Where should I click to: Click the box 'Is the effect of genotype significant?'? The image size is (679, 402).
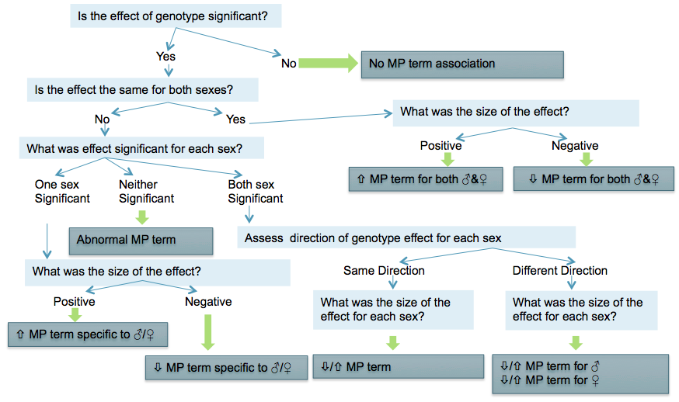pos(176,16)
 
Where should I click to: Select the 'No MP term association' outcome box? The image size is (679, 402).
pos(462,64)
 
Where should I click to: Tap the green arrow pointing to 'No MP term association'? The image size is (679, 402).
pos(329,63)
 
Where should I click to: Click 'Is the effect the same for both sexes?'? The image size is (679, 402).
pos(142,89)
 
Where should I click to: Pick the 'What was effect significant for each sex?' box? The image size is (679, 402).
pos(141,148)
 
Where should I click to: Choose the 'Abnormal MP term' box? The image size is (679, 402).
pos(141,241)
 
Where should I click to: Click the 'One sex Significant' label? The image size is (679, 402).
pos(62,191)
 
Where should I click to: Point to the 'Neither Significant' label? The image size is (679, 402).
pos(146,191)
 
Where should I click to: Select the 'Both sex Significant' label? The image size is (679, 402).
pos(256,191)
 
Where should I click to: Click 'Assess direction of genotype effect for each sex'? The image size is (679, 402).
pos(406,237)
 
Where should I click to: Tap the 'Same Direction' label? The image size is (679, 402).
pos(384,270)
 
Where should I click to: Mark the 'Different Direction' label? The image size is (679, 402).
pos(560,270)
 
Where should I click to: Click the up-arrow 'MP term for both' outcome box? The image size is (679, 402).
pos(426,178)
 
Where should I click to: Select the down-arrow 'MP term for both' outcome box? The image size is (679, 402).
pos(594,178)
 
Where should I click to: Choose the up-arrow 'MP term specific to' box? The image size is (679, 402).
pos(88,334)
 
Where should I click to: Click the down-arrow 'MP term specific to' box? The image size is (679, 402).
pos(227,368)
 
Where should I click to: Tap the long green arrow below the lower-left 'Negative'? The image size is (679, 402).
pos(208,332)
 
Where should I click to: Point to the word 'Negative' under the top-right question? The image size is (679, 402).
pos(575,146)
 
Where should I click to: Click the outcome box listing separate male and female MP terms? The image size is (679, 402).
pos(580,374)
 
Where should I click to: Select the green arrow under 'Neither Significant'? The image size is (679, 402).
pos(142,217)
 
